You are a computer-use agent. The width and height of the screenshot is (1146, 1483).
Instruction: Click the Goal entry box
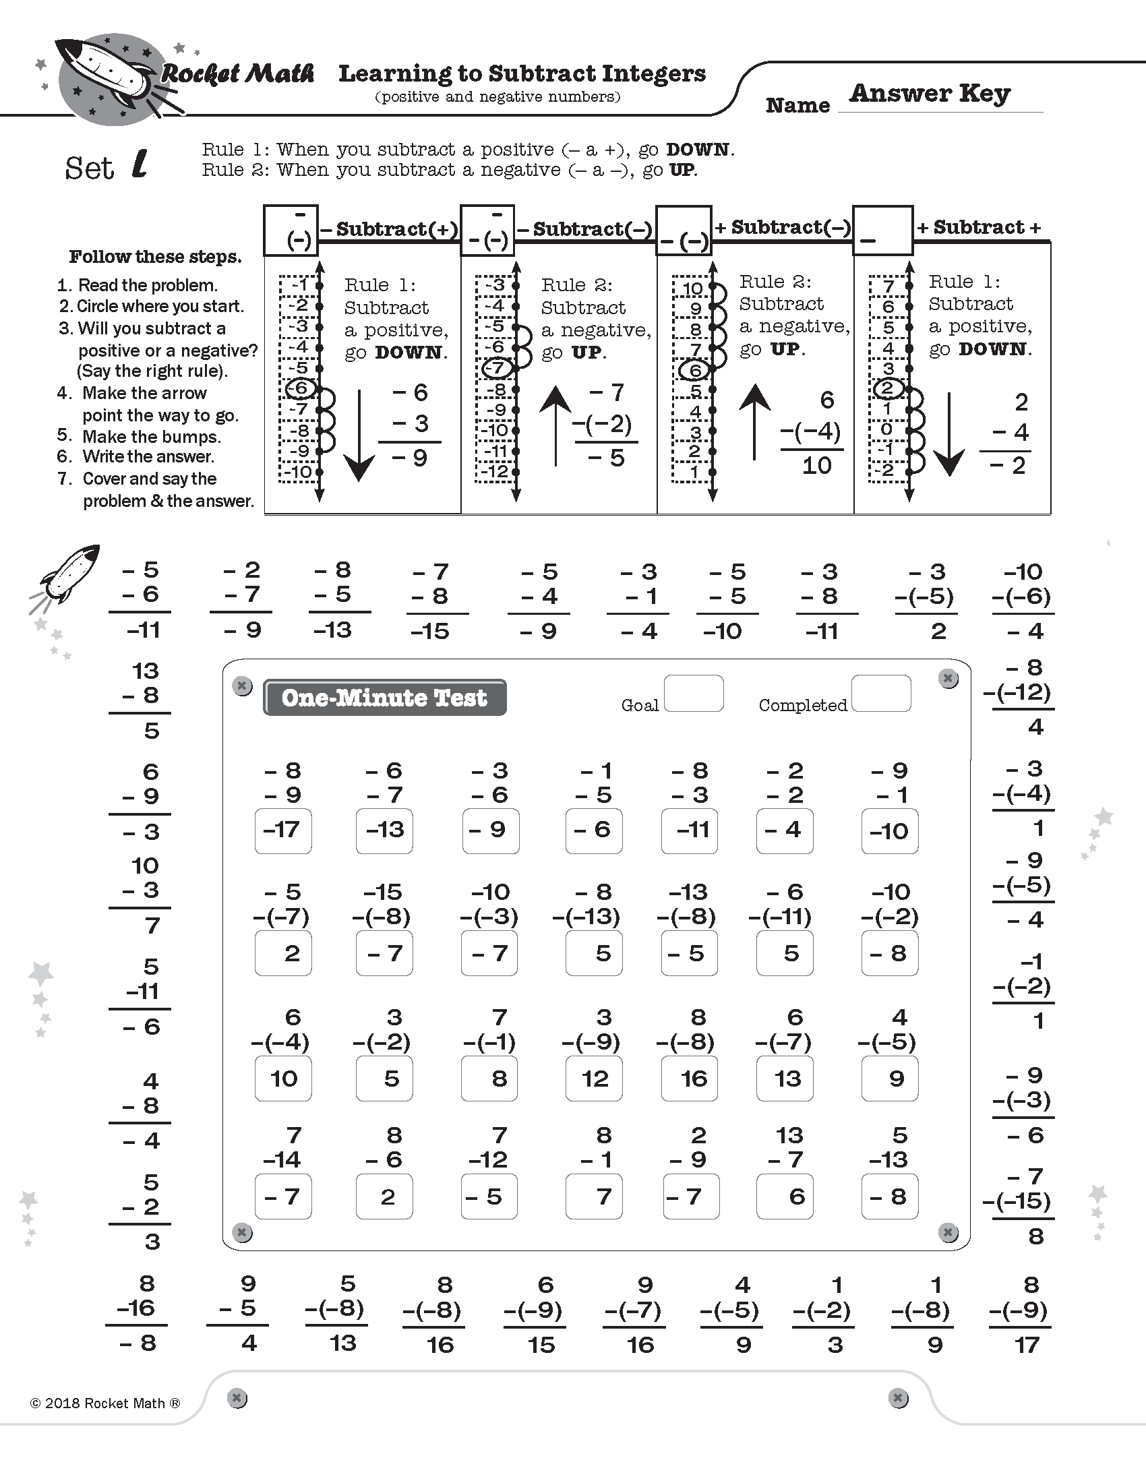(x=693, y=693)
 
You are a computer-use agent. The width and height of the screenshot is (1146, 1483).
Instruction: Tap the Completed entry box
(x=880, y=693)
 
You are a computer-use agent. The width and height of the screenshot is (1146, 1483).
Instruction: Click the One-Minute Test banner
(x=384, y=698)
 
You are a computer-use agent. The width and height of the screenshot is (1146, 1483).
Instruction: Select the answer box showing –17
(x=283, y=830)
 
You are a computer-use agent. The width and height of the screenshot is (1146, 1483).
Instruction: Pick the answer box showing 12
(x=593, y=1079)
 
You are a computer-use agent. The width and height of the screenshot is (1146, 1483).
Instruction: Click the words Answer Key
(x=930, y=93)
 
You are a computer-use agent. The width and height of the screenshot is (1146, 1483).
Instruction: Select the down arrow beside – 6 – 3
(x=359, y=435)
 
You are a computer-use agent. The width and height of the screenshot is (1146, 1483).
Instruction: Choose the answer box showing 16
(x=689, y=1079)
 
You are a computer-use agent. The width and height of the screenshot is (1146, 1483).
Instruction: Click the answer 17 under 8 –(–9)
(x=1027, y=1345)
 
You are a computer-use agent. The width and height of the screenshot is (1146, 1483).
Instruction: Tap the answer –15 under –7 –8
(x=431, y=632)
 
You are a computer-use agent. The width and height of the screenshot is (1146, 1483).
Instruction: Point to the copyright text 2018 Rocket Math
(x=105, y=1403)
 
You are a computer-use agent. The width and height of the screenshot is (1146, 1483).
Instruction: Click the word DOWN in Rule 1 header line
(x=697, y=150)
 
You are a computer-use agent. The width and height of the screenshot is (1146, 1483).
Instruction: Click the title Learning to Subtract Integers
(x=522, y=73)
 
